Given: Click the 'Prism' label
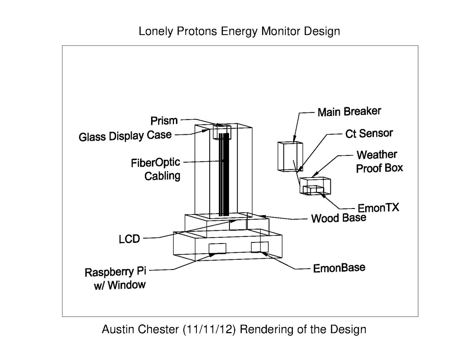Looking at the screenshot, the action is pyautogui.click(x=164, y=120).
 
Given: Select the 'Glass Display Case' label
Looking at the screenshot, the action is pyautogui.click(x=125, y=136).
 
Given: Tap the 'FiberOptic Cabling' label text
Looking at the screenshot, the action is pyautogui.click(x=156, y=169).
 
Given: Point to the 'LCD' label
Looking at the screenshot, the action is pyautogui.click(x=129, y=239).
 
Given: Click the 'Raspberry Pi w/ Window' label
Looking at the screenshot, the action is pyautogui.click(x=116, y=279).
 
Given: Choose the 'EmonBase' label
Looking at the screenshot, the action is pyautogui.click(x=339, y=268).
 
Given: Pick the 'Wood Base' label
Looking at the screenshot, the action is pyautogui.click(x=339, y=218).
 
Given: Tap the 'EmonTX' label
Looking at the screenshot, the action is pyautogui.click(x=379, y=208).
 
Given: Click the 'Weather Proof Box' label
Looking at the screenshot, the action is pyautogui.click(x=379, y=162).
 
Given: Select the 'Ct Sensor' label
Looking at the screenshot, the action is pyautogui.click(x=369, y=133).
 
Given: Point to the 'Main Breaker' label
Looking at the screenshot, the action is pyautogui.click(x=349, y=112).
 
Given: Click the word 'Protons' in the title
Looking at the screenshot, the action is pyautogui.click(x=197, y=31).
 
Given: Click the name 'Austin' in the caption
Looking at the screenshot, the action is pyautogui.click(x=118, y=329).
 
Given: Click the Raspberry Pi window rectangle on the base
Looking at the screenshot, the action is pyautogui.click(x=217, y=248).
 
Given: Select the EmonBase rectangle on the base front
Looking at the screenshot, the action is pyautogui.click(x=260, y=247).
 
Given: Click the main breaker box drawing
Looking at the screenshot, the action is pyautogui.click(x=290, y=157).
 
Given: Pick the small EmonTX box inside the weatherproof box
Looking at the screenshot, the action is pyautogui.click(x=313, y=190).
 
